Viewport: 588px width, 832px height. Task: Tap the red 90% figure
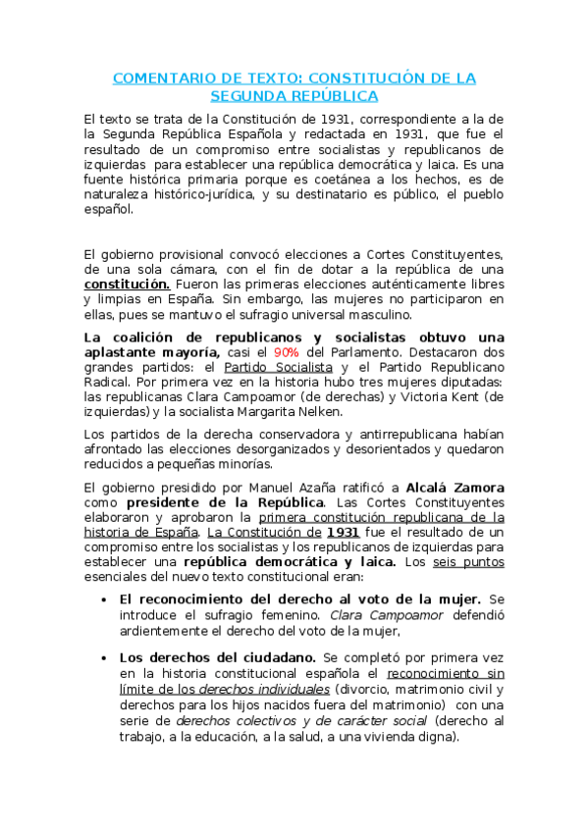286,351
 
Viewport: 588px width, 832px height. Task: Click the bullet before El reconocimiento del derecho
105,599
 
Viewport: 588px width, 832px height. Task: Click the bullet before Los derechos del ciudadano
105,658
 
